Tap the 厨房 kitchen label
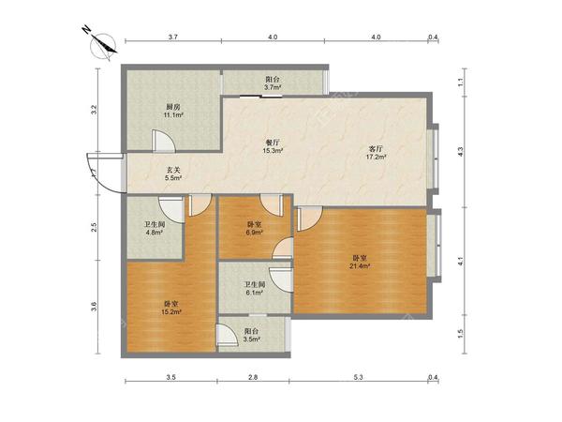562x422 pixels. (x=172, y=107)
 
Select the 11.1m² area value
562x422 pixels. (x=173, y=115)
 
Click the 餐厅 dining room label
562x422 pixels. (x=274, y=143)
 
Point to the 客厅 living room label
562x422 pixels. (x=376, y=148)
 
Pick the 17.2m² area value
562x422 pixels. (x=376, y=157)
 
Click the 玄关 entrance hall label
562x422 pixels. (x=173, y=170)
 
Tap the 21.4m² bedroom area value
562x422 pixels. (x=360, y=266)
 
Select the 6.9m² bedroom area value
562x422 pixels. (x=255, y=233)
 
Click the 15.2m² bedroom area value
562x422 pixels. (x=171, y=312)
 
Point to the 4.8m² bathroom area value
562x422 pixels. (x=155, y=233)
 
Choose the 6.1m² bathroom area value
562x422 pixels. (x=255, y=293)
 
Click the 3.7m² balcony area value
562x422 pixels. (x=273, y=87)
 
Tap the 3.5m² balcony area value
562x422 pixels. (x=252, y=339)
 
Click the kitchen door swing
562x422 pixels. (x=164, y=141)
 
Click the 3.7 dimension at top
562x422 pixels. (x=173, y=37)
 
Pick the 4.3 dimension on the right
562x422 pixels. (x=461, y=152)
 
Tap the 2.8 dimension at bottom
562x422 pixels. (x=253, y=377)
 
